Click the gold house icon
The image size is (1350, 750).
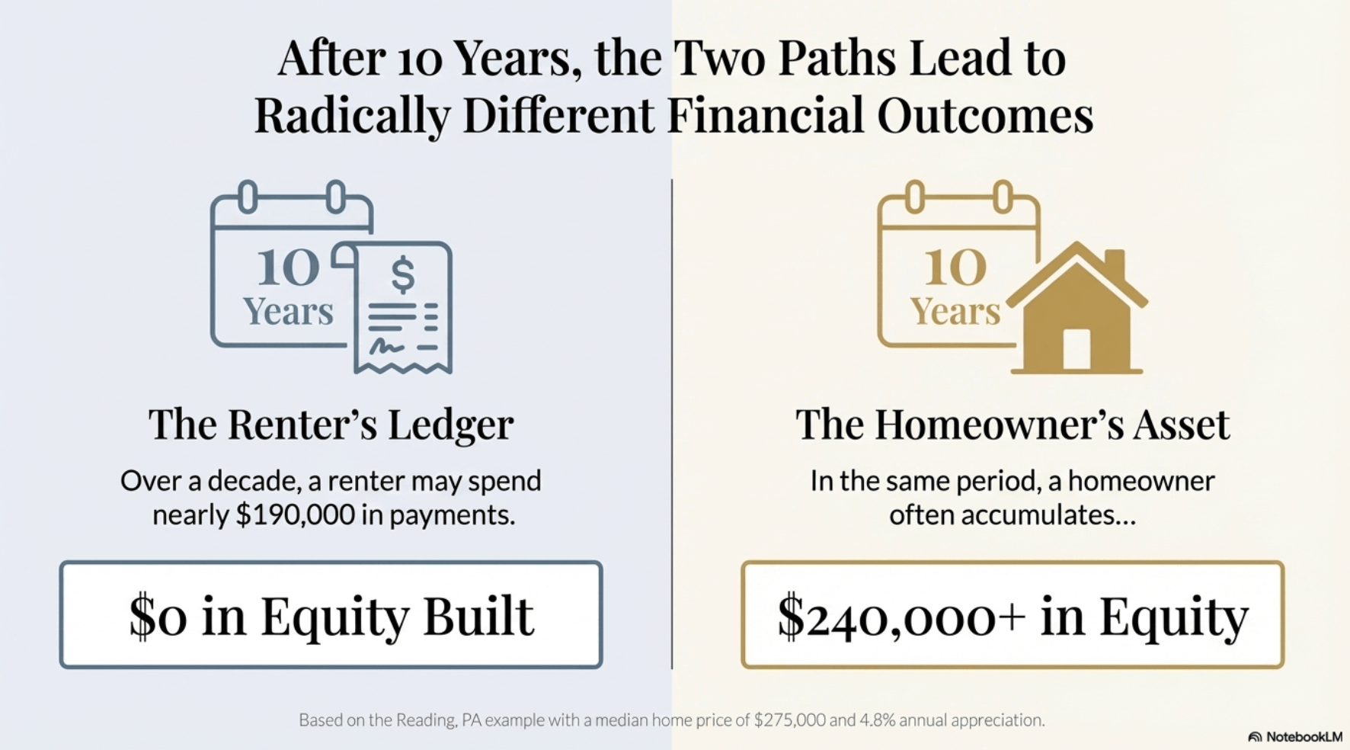(x=1077, y=312)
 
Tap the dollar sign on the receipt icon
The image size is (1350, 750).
(x=403, y=274)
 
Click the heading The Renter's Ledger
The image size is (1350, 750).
(x=331, y=425)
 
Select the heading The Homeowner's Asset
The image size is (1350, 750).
(x=1012, y=425)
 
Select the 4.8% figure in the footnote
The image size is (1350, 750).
(x=878, y=720)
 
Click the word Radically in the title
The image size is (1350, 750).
(x=351, y=116)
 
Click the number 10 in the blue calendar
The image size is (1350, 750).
(x=288, y=268)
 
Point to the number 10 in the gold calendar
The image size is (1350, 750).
(x=955, y=268)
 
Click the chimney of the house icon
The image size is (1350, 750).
(x=1115, y=263)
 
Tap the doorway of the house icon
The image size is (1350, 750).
(x=1076, y=349)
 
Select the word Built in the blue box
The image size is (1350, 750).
(x=478, y=616)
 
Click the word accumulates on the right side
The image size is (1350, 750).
(x=1032, y=515)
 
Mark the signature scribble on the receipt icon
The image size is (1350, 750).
(x=386, y=348)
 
